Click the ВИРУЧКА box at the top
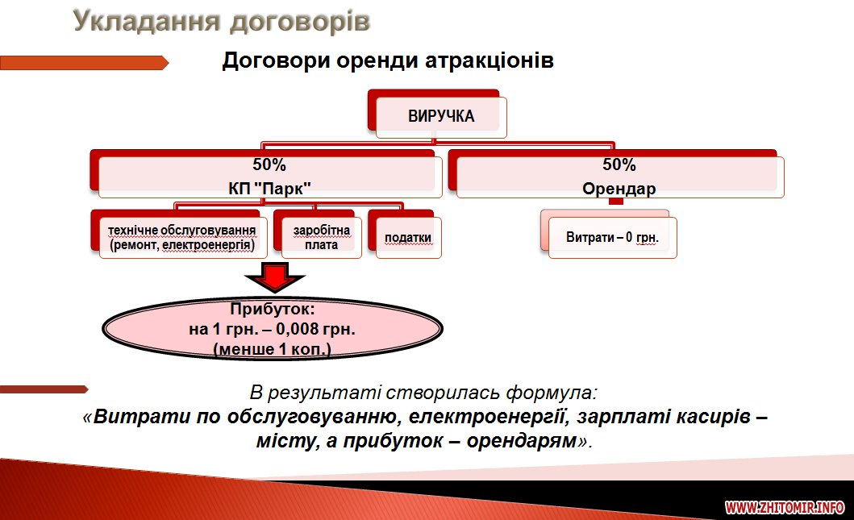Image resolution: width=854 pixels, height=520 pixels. (440, 117)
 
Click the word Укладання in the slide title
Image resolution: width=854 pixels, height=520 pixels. (146, 21)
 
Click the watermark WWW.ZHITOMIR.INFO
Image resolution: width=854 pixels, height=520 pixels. (784, 508)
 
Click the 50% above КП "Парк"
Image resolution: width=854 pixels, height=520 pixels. (269, 165)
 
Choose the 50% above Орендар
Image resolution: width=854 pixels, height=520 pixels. (619, 165)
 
